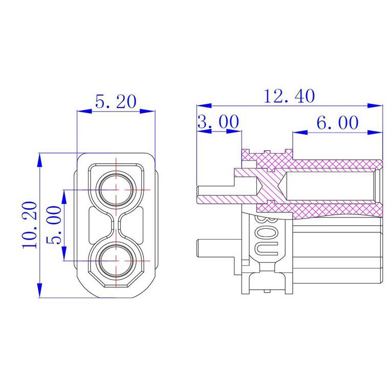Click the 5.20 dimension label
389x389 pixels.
[116, 101]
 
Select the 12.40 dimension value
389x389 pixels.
[289, 96]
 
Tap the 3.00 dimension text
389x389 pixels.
[219, 122]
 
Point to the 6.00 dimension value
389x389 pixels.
[337, 122]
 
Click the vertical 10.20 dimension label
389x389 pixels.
[30, 225]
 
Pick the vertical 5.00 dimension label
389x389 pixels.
[54, 225]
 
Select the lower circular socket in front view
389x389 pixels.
[116, 261]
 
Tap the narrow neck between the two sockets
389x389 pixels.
[116, 225]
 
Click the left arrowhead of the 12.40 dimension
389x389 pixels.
[204, 105]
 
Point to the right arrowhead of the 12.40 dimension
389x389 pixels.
[375, 105]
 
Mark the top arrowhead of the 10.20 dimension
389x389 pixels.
[39, 161]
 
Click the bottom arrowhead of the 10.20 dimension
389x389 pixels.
[39, 290]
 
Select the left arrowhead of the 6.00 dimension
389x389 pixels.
[300, 133]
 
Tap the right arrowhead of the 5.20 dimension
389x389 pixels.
[147, 111]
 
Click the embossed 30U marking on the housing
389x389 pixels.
[266, 234]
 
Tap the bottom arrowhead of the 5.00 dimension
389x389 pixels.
[64, 253]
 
